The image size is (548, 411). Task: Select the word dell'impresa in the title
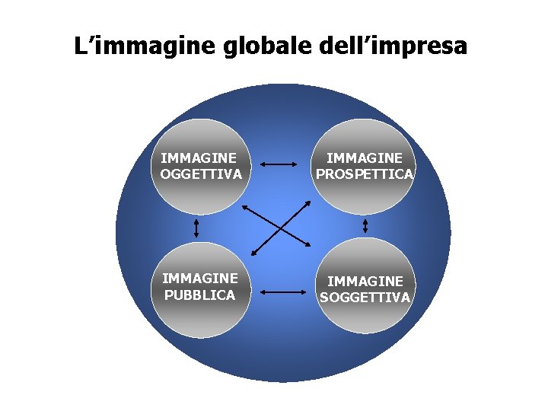(x=391, y=47)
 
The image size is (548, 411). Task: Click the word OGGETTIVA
(x=202, y=174)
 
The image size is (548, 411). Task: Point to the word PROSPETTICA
(x=365, y=174)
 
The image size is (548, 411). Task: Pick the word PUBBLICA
(x=199, y=295)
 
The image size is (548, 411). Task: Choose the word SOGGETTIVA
(x=365, y=297)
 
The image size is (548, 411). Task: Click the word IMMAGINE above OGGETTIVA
(x=199, y=158)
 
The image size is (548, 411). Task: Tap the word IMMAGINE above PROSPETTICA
(x=365, y=158)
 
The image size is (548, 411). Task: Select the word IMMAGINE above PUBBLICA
(x=199, y=279)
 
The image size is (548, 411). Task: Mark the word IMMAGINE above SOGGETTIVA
(x=365, y=281)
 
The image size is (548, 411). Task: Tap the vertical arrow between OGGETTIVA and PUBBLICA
(x=196, y=227)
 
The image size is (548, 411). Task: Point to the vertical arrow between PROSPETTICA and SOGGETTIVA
(x=365, y=226)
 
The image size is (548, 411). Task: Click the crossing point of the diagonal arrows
(x=280, y=227)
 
